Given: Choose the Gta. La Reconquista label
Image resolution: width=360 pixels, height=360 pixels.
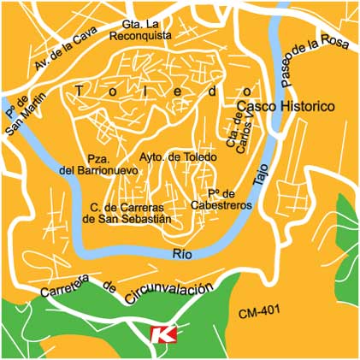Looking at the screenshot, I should (x=142, y=30).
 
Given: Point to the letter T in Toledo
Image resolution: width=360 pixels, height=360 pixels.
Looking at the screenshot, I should (x=80, y=90).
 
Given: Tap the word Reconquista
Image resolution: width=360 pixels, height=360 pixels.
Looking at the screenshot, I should (x=142, y=36).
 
